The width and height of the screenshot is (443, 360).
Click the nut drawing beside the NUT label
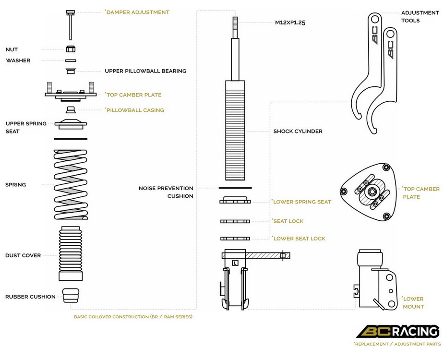(71, 49)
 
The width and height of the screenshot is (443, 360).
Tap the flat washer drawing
(71, 60)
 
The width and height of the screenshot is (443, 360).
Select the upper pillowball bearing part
(71, 71)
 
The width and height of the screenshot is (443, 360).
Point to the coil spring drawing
(71, 184)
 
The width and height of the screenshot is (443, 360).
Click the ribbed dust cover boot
(71, 253)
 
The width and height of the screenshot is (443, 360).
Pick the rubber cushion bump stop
(71, 296)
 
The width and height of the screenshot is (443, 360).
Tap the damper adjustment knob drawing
(71, 25)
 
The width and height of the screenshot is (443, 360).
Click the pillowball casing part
(71, 109)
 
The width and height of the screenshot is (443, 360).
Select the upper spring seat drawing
(71, 124)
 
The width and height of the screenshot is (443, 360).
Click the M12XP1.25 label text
(290, 23)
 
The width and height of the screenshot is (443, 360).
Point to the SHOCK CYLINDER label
(298, 131)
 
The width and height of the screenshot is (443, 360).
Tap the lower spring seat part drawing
(235, 200)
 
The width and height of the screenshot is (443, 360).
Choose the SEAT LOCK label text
(288, 221)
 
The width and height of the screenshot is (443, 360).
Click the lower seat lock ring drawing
(235, 239)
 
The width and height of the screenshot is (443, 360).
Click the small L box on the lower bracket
(235, 263)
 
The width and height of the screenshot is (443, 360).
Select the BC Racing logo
(398, 331)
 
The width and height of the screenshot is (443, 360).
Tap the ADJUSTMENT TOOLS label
(420, 17)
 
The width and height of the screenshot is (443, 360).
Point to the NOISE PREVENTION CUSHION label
(166, 192)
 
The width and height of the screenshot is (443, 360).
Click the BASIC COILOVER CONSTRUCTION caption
(133, 317)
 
